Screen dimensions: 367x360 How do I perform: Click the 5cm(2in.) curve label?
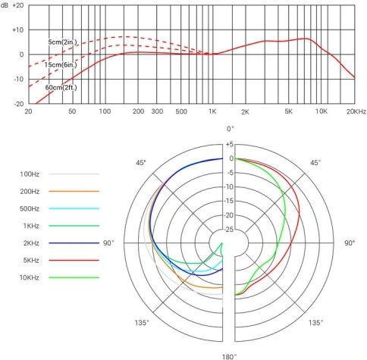pyautogui.click(x=62, y=42)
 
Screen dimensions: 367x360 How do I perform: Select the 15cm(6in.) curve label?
pyautogui.click(x=61, y=64)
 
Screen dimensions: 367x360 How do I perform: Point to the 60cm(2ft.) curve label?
pyautogui.click(x=61, y=87)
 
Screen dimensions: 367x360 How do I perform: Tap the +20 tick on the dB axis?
pyautogui.click(x=18, y=5)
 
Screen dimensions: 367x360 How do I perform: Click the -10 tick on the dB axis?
pyautogui.click(x=18, y=79)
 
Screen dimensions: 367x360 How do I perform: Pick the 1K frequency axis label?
pyautogui.click(x=212, y=111)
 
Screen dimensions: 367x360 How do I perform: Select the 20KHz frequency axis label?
pyautogui.click(x=356, y=111)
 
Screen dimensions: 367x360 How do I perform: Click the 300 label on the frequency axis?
pyautogui.click(x=157, y=111)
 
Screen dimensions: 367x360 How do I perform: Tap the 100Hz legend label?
pyautogui.click(x=30, y=174)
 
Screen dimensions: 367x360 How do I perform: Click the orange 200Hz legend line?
pyautogui.click(x=74, y=191)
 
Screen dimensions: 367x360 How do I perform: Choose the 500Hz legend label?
pyautogui.click(x=30, y=208)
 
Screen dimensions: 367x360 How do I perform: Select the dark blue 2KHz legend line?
pyautogui.click(x=74, y=243)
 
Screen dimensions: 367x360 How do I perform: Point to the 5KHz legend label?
pyautogui.click(x=31, y=260)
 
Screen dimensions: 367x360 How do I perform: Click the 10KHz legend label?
pyautogui.click(x=30, y=277)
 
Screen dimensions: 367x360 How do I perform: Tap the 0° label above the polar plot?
pyautogui.click(x=231, y=129)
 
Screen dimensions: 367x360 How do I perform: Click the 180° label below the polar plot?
pyautogui.click(x=230, y=357)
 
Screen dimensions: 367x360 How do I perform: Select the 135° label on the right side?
pyautogui.click(x=315, y=323)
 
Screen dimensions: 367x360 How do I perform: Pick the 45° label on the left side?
pyautogui.click(x=141, y=163)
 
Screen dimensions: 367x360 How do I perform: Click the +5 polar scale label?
pyautogui.click(x=230, y=144)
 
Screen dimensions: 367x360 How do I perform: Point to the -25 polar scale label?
pyautogui.click(x=229, y=230)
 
